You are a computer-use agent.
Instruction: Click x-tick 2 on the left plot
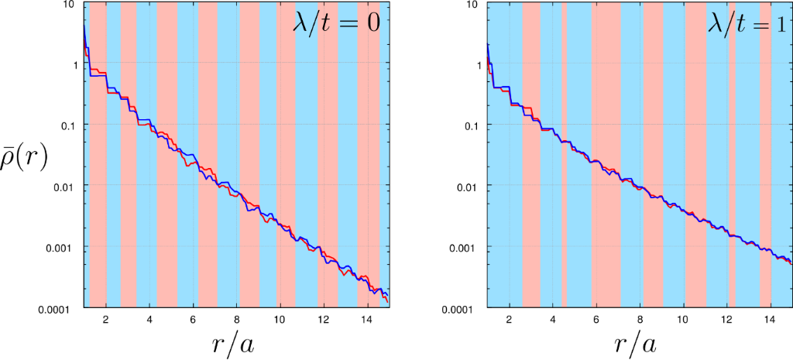105,320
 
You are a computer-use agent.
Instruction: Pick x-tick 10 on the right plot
683,320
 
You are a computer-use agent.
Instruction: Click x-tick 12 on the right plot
726,320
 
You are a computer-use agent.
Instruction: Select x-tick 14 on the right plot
770,320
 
